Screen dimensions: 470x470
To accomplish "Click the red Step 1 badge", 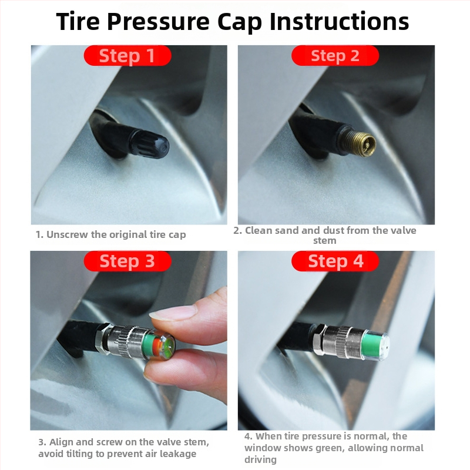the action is (x=127, y=55).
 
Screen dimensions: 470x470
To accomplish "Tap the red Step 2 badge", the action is (x=335, y=55).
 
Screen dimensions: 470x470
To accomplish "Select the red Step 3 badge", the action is (x=127, y=261).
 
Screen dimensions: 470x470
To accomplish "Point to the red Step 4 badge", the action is (x=335, y=261).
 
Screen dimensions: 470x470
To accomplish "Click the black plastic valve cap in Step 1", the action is (x=149, y=145).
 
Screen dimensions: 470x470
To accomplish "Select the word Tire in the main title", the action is (x=78, y=22).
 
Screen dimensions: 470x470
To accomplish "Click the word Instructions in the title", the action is (x=340, y=22).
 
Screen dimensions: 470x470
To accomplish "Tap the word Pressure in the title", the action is (x=158, y=22).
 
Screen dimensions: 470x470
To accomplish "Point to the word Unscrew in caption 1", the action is (x=68, y=234).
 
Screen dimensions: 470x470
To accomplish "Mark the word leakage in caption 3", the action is (x=178, y=454).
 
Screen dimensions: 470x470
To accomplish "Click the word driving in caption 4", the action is (x=260, y=459).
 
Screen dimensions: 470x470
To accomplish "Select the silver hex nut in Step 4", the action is (x=319, y=340).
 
